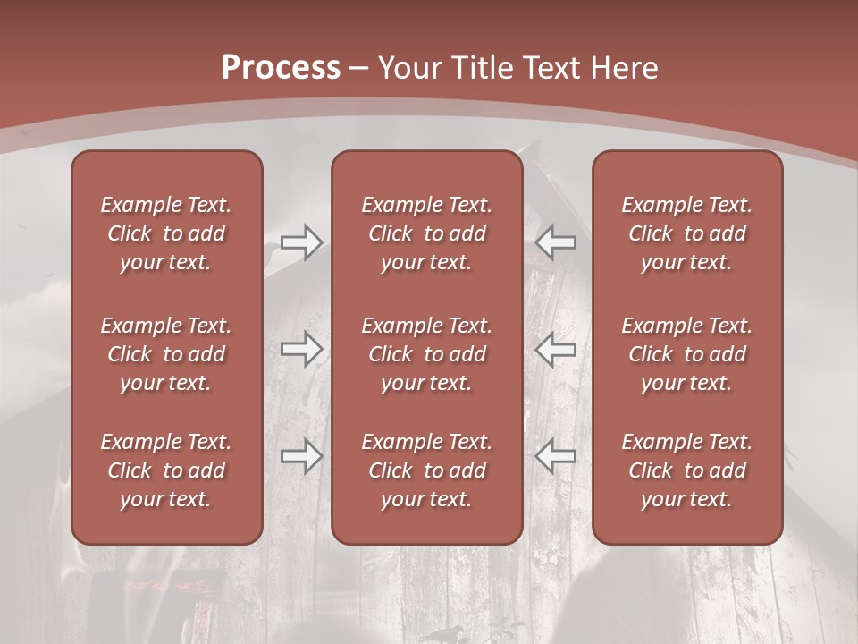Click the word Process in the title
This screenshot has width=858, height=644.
point(281,68)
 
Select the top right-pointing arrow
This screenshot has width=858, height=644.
point(302,242)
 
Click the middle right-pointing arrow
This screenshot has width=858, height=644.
point(302,349)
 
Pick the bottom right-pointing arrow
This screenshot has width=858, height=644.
point(302,456)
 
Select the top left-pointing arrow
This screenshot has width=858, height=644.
point(555,242)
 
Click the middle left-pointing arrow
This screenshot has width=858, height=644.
point(555,349)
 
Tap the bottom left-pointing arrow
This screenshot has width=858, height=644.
point(555,456)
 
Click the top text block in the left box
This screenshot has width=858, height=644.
point(166,233)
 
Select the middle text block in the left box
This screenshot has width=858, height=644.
point(166,354)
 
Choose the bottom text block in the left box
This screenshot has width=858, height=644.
point(166,470)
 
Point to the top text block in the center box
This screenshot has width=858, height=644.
point(427,233)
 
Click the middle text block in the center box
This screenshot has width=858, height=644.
point(427,354)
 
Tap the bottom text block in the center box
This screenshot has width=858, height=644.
point(427,470)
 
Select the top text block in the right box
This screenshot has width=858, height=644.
point(687,233)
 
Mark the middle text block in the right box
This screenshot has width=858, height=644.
point(687,354)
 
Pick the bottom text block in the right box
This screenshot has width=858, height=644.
point(687,470)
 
